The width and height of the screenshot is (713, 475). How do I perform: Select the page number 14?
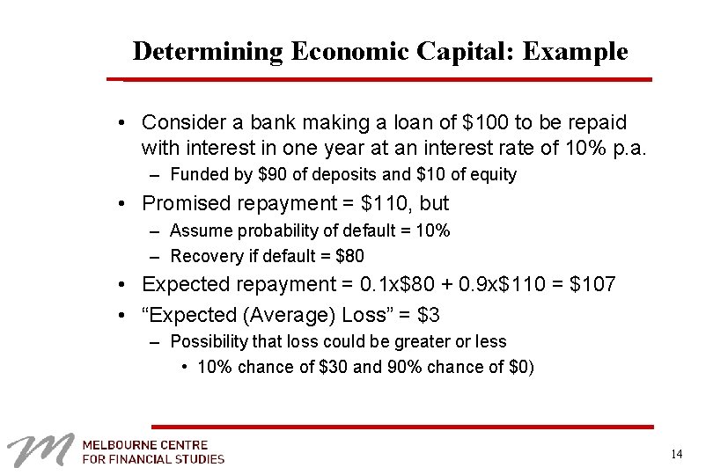tap(676, 454)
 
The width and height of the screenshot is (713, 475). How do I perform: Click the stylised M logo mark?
tap(39, 450)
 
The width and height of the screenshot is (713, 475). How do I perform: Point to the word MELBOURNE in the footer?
tap(120, 444)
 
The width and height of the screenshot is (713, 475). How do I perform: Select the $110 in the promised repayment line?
tap(385, 204)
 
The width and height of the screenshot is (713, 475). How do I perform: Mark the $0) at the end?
tap(521, 367)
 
